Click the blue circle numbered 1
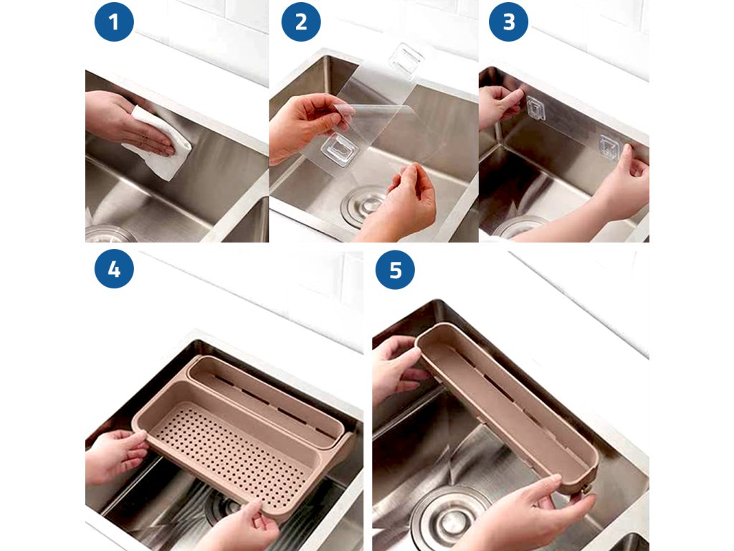tap(114, 22)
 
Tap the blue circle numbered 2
tap(301, 22)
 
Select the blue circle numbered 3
tap(508, 22)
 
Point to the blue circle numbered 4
tap(114, 269)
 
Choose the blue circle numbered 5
tap(395, 270)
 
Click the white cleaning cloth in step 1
tap(159, 143)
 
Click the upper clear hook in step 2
tap(406, 59)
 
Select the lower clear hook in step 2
tap(339, 149)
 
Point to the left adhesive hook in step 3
tap(535, 108)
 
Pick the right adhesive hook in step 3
tap(609, 146)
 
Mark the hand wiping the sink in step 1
tap(126, 122)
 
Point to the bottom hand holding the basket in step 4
tap(241, 527)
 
